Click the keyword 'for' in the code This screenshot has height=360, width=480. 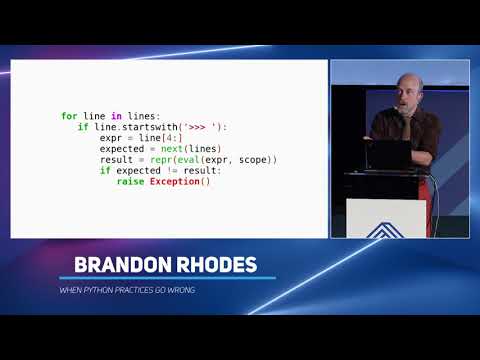point(69,116)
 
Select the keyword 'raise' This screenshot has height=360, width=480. point(130,182)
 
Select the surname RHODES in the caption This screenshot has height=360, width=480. point(215,265)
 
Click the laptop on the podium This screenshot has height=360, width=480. point(388,155)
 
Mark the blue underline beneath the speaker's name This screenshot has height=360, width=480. point(165,278)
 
